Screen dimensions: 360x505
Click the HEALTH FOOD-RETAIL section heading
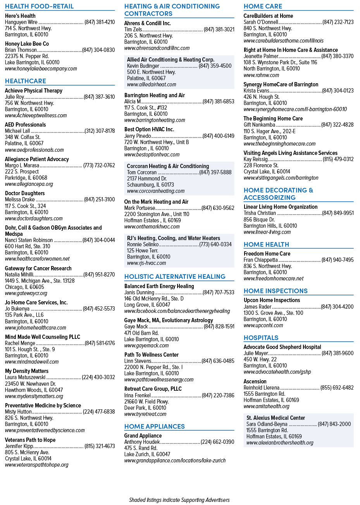click(x=39, y=6)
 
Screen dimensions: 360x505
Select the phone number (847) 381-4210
click(x=100, y=22)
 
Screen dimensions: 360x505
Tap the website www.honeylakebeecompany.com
click(x=41, y=69)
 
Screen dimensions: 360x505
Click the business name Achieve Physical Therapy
click(x=34, y=91)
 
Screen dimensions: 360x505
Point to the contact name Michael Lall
click(x=17, y=131)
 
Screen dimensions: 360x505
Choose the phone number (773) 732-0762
click(x=99, y=165)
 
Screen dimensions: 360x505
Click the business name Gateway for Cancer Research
click(x=38, y=268)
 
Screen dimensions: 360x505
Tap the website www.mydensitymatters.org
click(x=34, y=396)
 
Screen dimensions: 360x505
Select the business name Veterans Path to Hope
click(x=30, y=440)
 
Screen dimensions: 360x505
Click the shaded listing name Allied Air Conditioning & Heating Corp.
click(x=171, y=60)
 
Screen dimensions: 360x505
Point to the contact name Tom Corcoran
click(x=142, y=172)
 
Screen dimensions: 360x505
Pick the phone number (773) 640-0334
click(x=215, y=244)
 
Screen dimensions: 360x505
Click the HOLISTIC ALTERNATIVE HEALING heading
click(x=175, y=277)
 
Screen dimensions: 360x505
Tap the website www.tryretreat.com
click(x=145, y=414)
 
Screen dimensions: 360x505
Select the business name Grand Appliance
click(x=143, y=436)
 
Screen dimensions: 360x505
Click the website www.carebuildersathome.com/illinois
click(x=284, y=41)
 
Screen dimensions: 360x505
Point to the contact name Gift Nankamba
click(x=259, y=125)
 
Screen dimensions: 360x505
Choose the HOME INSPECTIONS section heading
click(x=276, y=291)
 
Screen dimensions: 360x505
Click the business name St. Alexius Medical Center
click(x=276, y=418)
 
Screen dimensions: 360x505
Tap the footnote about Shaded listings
click(x=179, y=500)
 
